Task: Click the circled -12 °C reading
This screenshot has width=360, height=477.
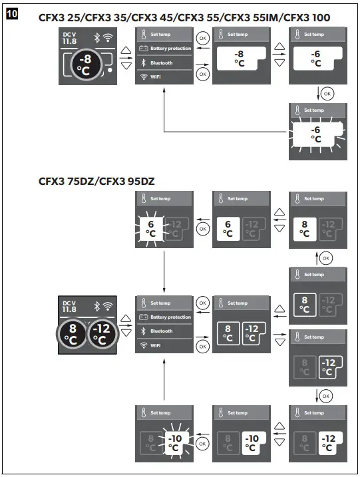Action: [99, 335]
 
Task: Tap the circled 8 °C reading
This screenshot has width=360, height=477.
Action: [71, 335]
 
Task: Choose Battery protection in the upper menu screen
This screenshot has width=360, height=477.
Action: [170, 49]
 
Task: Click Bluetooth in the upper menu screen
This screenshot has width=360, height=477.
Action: [162, 63]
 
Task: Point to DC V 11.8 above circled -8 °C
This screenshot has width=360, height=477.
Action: [69, 38]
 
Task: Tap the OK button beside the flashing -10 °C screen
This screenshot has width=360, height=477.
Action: [202, 442]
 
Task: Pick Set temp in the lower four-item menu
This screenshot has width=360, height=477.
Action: [160, 303]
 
